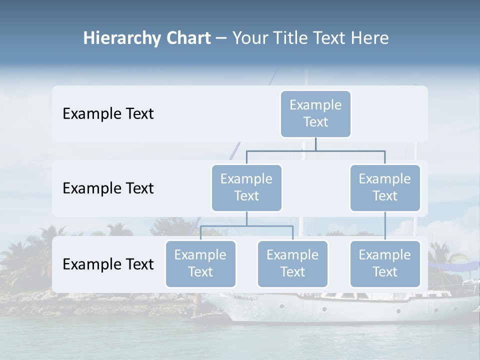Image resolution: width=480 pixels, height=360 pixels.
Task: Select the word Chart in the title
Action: pos(187,38)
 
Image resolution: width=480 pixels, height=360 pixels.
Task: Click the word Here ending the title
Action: pos(369,38)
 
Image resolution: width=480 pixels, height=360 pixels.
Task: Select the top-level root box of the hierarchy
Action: pos(315,113)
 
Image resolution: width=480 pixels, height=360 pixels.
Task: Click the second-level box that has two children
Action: pos(246,187)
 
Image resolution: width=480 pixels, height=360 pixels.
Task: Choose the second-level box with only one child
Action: pos(385,187)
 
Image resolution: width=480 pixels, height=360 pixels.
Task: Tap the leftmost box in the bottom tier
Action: pos(200,263)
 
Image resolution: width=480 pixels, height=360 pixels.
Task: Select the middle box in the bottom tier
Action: pos(292,263)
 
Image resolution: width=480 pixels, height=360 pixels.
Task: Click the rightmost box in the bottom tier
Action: pos(385,263)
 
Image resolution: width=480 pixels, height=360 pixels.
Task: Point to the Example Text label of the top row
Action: pos(108,114)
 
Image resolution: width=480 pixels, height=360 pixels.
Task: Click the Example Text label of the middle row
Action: pos(108,188)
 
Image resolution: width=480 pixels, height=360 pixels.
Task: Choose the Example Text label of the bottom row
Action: pos(108,264)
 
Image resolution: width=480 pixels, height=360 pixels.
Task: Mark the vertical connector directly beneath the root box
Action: pos(315,144)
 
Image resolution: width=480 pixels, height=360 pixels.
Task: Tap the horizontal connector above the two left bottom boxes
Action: pos(246,226)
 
